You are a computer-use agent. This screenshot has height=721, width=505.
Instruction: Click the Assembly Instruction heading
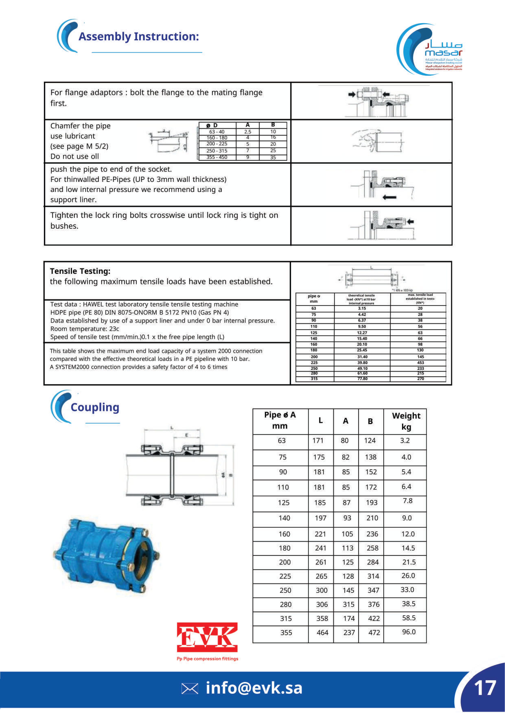pos(139,36)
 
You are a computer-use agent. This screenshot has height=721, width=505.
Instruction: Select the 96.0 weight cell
pos(409,632)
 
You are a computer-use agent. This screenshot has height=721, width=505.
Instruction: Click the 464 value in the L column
pos(322,633)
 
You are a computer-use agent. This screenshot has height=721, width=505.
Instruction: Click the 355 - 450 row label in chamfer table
pos(217,157)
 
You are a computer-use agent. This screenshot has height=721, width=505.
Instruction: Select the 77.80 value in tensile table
pos(362,379)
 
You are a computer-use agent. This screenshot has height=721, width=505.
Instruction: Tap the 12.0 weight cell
pos(408,534)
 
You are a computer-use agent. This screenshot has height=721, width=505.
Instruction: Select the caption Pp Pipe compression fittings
pos(207,659)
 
